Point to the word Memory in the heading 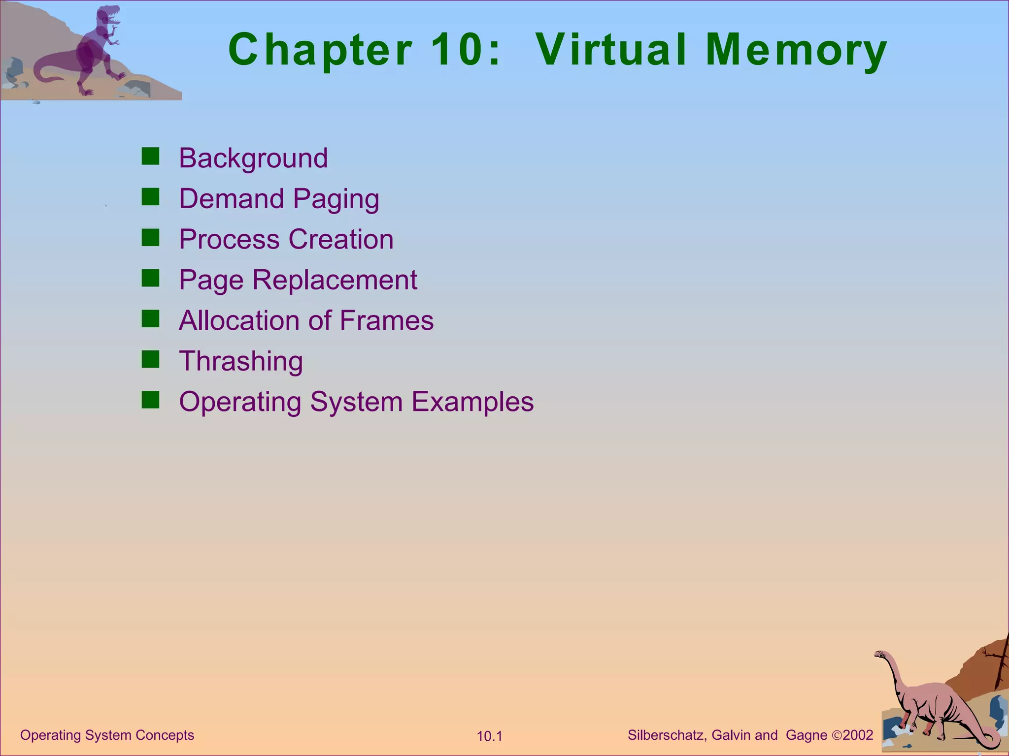pyautogui.click(x=796, y=50)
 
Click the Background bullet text pyautogui.click(x=253, y=158)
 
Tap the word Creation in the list pyautogui.click(x=341, y=240)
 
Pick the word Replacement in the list pyautogui.click(x=335, y=281)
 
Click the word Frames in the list pyautogui.click(x=386, y=321)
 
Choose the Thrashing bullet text pyautogui.click(x=241, y=361)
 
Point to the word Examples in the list pyautogui.click(x=472, y=402)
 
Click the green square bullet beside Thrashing pyautogui.click(x=150, y=360)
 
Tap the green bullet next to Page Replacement pyautogui.click(x=150, y=279)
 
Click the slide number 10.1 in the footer pyautogui.click(x=489, y=736)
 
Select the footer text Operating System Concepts pyautogui.click(x=107, y=735)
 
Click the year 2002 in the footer pyautogui.click(x=858, y=735)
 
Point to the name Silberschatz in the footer pyautogui.click(x=667, y=735)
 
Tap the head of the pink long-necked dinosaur pyautogui.click(x=881, y=655)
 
